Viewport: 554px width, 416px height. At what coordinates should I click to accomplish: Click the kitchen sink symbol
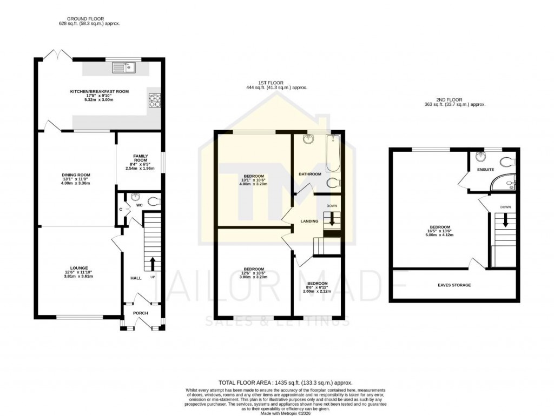123,68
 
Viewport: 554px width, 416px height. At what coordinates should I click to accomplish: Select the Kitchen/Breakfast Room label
100,92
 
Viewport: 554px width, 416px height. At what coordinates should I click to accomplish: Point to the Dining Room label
76,175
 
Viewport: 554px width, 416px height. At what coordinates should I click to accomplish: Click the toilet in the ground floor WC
153,202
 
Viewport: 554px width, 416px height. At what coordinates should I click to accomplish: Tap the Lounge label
75,267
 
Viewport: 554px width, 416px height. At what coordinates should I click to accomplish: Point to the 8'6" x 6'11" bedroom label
317,284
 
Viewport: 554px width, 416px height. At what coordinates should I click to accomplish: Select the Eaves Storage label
454,285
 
